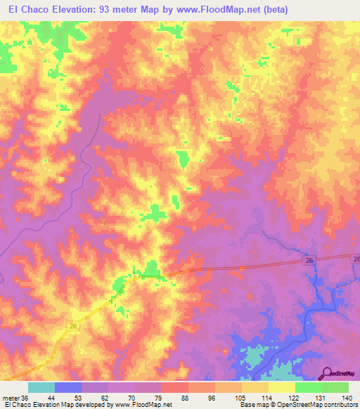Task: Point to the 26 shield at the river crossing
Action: (x=309, y=260)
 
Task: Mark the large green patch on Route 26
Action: (x=150, y=268)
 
